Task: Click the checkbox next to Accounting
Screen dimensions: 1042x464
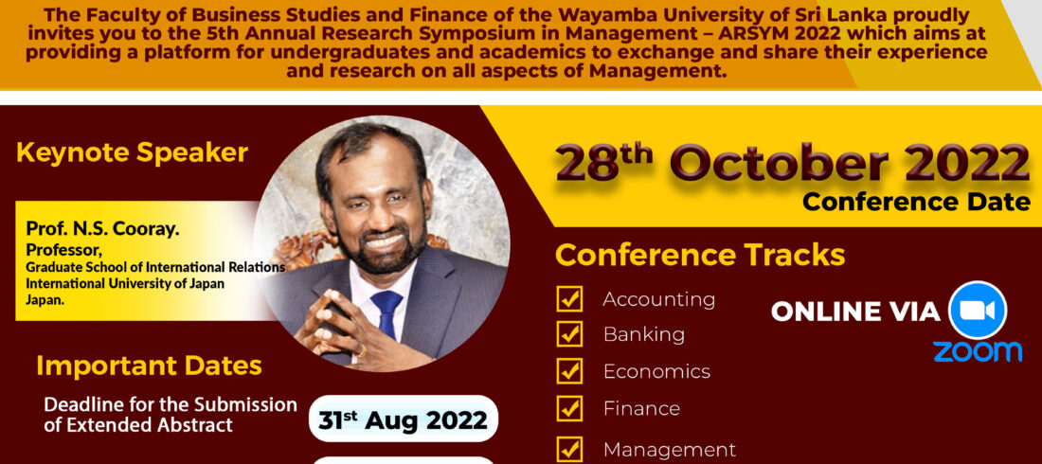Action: click(569, 299)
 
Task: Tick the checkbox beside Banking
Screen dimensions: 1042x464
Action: click(569, 333)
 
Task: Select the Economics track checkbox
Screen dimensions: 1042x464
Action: click(569, 371)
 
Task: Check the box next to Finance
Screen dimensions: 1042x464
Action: click(569, 408)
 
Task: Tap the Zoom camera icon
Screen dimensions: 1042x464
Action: click(978, 311)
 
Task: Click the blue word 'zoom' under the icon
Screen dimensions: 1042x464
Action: click(978, 351)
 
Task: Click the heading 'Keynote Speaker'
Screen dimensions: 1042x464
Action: click(132, 152)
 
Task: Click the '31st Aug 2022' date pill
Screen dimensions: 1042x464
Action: click(404, 419)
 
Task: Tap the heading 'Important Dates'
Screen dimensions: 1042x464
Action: click(149, 366)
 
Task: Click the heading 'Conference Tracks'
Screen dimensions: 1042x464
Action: click(700, 256)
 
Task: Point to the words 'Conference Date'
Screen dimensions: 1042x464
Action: click(917, 202)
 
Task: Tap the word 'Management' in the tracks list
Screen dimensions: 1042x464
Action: click(669, 450)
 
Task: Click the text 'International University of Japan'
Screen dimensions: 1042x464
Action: click(125, 283)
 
